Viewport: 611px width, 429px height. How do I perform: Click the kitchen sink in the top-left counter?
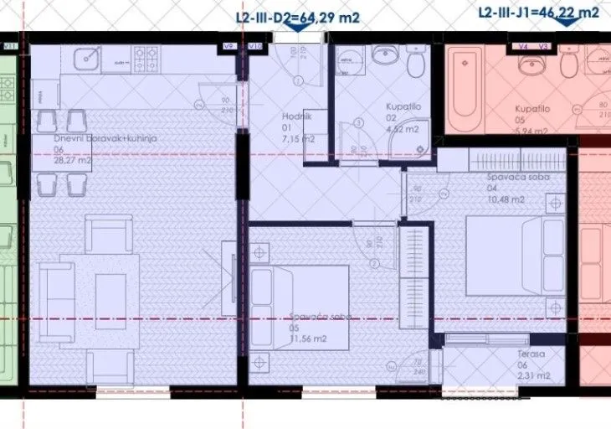pos(87,59)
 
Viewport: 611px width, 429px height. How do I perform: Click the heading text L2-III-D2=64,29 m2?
pos(298,13)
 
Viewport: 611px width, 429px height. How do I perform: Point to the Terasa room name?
pos(531,354)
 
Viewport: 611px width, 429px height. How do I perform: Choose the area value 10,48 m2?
pos(506,199)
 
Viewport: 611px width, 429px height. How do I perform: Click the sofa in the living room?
pos(56,302)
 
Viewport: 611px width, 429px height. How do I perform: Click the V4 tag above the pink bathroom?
pos(522,46)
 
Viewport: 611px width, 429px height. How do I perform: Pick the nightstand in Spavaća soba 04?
pos(553,203)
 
